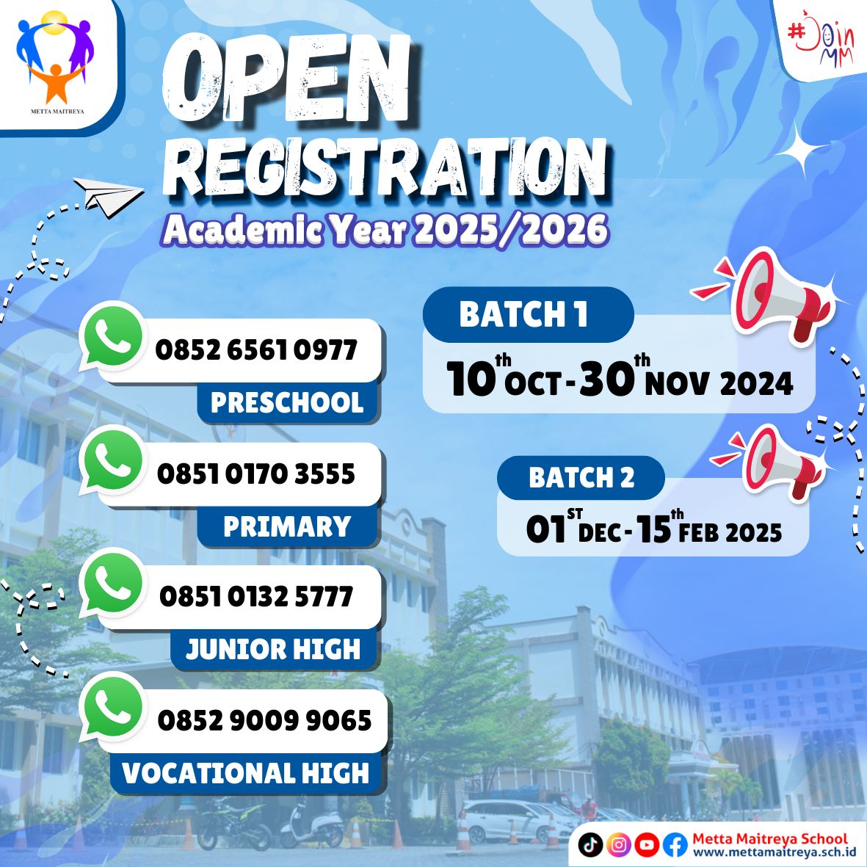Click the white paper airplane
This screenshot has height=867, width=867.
(108, 196)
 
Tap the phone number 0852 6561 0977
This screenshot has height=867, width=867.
(256, 350)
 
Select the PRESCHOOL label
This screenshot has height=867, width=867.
(287, 403)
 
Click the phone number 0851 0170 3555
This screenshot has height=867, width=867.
(256, 474)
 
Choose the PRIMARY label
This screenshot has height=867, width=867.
(287, 527)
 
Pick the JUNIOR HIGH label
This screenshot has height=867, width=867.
(273, 650)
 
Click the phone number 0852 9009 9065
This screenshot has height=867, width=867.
(264, 721)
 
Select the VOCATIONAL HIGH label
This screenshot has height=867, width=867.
(246, 773)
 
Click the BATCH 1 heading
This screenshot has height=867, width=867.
(523, 315)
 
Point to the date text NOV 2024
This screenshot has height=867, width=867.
(719, 384)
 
